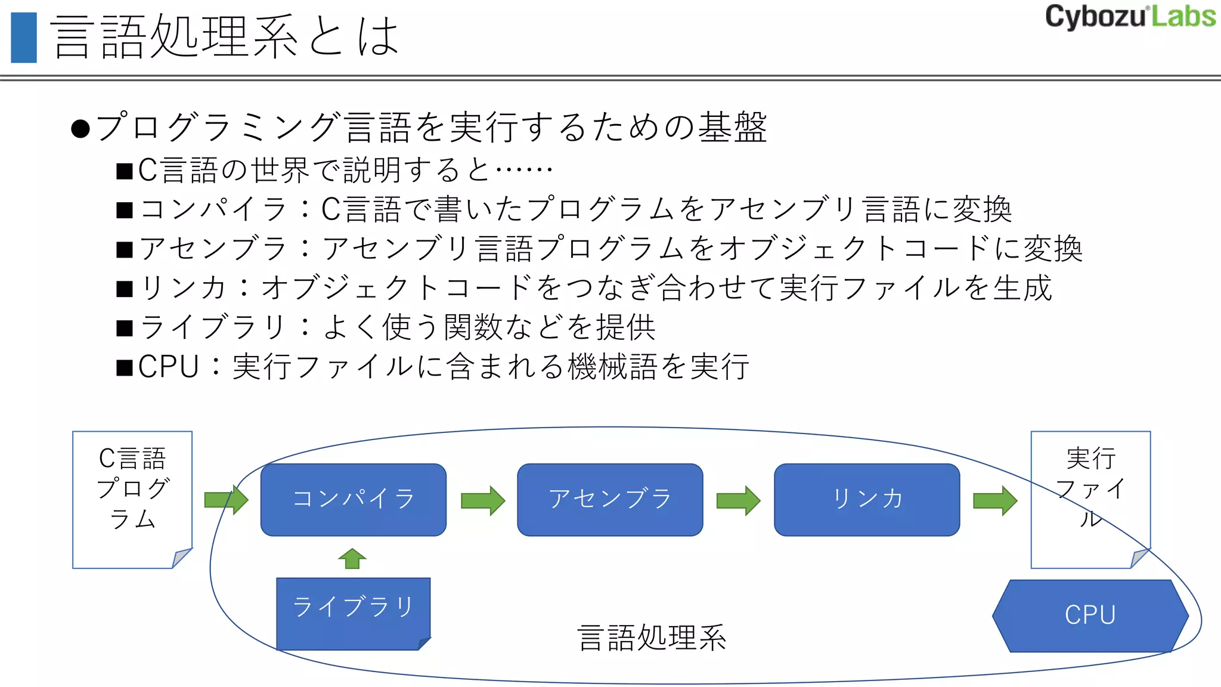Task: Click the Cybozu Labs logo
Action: tap(1130, 17)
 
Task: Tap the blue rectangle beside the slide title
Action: tap(24, 38)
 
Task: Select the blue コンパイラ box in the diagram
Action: tap(354, 500)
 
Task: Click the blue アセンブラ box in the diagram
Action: tap(610, 500)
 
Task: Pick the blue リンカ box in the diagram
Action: tap(867, 500)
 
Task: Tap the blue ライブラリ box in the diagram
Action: tap(353, 613)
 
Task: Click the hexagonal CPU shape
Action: tap(1090, 615)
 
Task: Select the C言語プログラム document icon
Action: tap(132, 499)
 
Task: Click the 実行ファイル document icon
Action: tap(1090, 499)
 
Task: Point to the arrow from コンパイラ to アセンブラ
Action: tap(483, 500)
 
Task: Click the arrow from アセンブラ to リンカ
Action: tap(738, 500)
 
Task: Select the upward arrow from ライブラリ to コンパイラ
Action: tap(352, 559)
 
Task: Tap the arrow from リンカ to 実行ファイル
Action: tap(995, 500)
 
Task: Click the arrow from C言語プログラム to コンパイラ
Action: tap(226, 500)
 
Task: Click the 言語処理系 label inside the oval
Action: tap(652, 638)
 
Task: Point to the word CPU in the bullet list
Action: tap(168, 366)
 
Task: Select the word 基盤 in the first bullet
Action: tap(733, 127)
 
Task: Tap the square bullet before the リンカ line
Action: tap(125, 289)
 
